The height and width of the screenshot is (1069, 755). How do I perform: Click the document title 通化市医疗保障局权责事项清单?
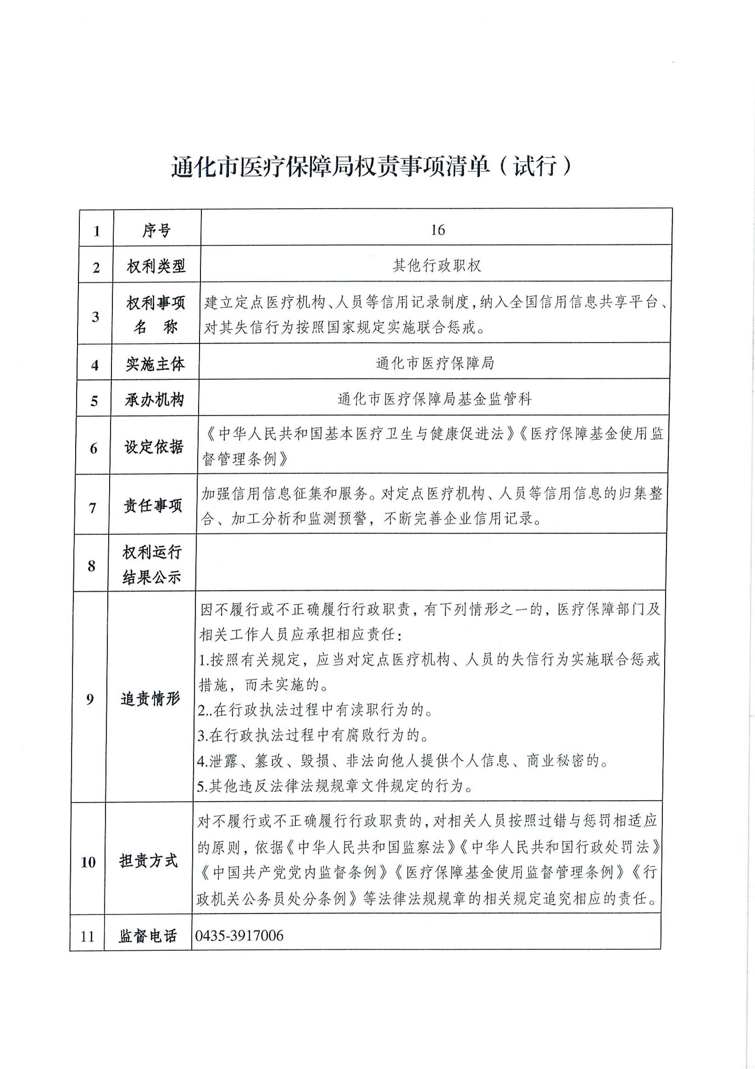coord(331,167)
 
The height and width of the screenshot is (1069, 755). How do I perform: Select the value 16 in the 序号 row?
coord(437,230)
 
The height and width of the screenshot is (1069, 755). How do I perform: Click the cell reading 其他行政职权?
coord(436,265)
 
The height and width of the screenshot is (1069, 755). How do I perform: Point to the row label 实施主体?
coord(155,364)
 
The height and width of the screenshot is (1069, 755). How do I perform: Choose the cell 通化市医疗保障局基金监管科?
coord(434,399)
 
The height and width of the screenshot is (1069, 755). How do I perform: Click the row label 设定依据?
coord(154,447)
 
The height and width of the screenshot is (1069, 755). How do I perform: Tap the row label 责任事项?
coord(153,506)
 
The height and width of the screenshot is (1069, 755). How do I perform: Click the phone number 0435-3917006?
coord(239,935)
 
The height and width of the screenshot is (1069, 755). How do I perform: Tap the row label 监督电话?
coord(148,936)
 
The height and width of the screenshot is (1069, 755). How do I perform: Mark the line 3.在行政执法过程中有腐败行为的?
coord(313,735)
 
